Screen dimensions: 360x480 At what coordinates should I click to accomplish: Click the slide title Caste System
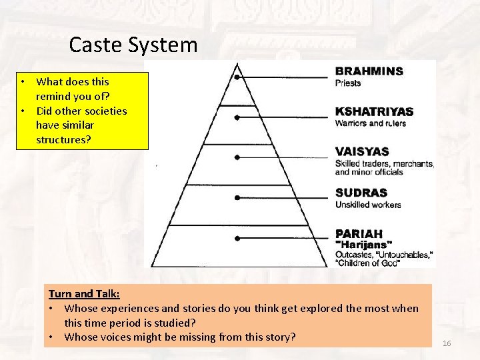(x=133, y=45)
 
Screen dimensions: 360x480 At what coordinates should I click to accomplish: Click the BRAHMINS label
(x=369, y=71)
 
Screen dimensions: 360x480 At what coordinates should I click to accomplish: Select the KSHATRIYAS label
(x=374, y=111)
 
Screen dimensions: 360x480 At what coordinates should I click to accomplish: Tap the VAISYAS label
(x=362, y=152)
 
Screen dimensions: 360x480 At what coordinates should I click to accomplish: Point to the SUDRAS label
(x=361, y=193)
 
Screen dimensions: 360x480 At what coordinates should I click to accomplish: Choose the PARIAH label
(x=359, y=234)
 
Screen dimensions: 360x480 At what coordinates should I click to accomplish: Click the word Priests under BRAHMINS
(x=348, y=83)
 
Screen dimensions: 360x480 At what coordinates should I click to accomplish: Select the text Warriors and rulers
(x=370, y=123)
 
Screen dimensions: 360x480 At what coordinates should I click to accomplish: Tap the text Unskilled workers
(x=368, y=205)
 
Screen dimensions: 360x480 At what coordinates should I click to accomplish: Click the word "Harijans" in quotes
(x=363, y=245)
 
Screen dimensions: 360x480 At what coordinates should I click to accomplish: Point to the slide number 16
(x=447, y=343)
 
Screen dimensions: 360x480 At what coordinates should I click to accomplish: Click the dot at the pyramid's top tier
(x=237, y=77)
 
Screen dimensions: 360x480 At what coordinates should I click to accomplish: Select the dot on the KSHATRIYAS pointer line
(x=237, y=117)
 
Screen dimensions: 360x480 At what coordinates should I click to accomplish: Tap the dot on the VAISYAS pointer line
(x=237, y=158)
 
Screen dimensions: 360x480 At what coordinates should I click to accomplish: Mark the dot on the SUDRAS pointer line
(x=237, y=198)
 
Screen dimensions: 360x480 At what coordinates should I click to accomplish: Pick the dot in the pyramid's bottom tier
(x=237, y=238)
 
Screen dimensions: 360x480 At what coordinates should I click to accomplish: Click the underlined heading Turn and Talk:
(x=84, y=293)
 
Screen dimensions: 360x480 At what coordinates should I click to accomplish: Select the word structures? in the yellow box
(x=65, y=139)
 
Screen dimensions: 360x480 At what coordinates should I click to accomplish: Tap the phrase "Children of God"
(x=367, y=263)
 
